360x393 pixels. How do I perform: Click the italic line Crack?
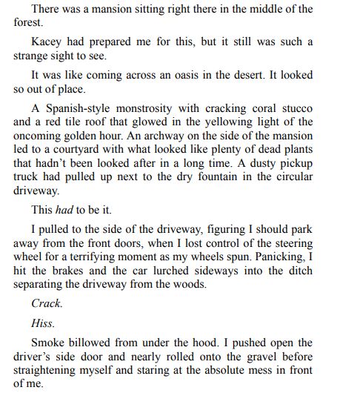tap(47, 303)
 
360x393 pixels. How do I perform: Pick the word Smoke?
tap(50, 344)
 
